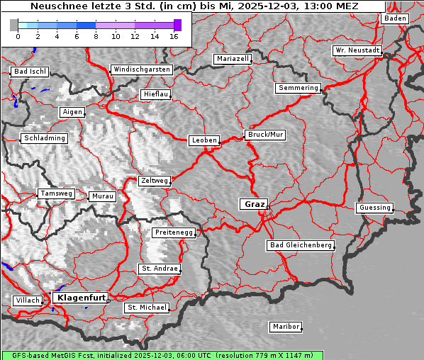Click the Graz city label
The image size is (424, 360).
pyautogui.click(x=254, y=204)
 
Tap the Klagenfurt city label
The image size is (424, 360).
pyautogui.click(x=81, y=298)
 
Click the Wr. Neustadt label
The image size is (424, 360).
pyautogui.click(x=357, y=51)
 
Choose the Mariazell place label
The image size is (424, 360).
pyautogui.click(x=233, y=59)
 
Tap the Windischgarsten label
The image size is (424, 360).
pyautogui.click(x=141, y=69)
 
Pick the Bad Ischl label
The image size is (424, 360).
pyautogui.click(x=30, y=72)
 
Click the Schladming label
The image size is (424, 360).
pyautogui.click(x=45, y=138)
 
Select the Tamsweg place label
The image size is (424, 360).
pyautogui.click(x=56, y=193)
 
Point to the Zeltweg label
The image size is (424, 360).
pyautogui.click(x=154, y=181)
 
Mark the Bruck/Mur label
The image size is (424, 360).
pyautogui.click(x=265, y=135)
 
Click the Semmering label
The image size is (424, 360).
pyautogui.click(x=299, y=88)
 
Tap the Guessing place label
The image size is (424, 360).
pyautogui.click(x=374, y=208)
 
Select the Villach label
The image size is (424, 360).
pyautogui.click(x=28, y=300)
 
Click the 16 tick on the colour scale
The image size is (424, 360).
pyautogui.click(x=174, y=35)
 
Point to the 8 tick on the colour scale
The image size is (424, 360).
pyautogui.click(x=96, y=35)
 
